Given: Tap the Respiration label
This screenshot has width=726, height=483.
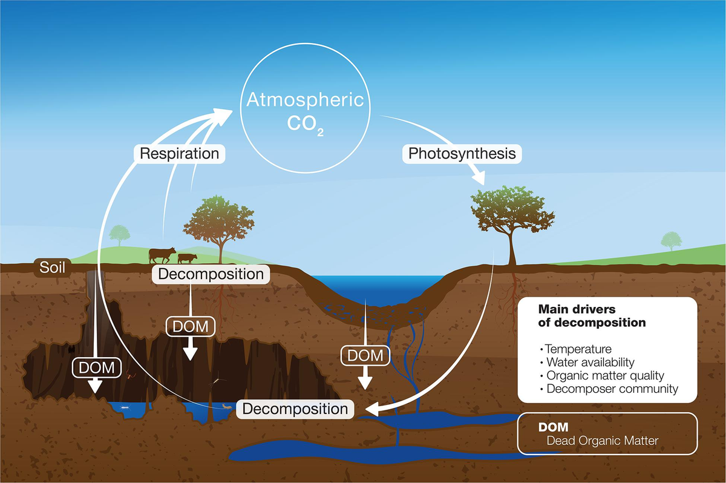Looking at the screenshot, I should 179,153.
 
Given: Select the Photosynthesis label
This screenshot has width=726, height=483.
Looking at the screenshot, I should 462,153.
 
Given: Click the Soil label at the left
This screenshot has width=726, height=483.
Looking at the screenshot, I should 53,266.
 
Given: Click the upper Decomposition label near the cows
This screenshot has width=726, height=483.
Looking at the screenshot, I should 211,274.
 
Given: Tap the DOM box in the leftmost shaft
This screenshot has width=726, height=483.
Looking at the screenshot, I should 96,366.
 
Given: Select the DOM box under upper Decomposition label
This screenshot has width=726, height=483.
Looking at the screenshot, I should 191,326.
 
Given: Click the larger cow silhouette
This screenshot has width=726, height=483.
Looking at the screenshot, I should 163,254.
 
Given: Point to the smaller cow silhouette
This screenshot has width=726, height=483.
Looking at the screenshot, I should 187,258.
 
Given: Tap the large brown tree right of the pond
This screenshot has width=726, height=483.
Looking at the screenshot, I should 511,218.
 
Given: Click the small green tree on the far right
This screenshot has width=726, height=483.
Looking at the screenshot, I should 670,240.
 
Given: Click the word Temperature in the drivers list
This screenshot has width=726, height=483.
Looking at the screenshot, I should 578,349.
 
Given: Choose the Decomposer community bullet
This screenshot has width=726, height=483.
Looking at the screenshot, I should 612,389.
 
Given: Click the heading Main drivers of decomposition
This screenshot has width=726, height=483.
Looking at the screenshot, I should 592,317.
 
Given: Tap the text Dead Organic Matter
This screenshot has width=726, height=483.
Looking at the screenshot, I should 601,440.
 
